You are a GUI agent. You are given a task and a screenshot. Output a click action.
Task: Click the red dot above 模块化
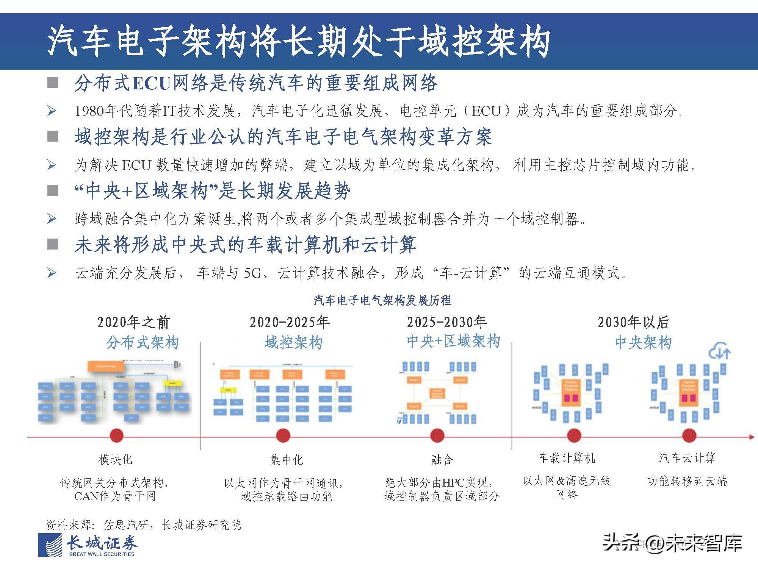116,436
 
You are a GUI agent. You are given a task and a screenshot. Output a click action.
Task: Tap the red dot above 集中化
283,436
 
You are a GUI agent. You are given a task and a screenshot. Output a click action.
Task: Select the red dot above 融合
437,436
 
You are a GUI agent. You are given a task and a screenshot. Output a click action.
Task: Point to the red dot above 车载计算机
574,436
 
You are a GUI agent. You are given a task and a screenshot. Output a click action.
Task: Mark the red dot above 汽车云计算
689,436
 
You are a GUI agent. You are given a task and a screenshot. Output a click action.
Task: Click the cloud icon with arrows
719,351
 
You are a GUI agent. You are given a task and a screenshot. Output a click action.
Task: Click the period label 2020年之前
133,322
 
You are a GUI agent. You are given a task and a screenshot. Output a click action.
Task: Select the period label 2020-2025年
290,322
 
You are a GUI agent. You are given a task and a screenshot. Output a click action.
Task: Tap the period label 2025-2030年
447,322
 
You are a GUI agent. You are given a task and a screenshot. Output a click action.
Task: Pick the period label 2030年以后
633,322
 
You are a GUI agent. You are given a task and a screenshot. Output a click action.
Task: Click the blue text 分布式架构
142,343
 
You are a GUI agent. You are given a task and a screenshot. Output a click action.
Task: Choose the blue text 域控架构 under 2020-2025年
293,343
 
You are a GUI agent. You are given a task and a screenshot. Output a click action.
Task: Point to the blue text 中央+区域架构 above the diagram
453,341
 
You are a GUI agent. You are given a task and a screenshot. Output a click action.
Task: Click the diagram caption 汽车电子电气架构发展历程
382,301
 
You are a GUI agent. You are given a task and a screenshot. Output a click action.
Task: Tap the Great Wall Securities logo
88,546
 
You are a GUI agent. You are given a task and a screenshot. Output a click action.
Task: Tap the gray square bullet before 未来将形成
53,244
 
